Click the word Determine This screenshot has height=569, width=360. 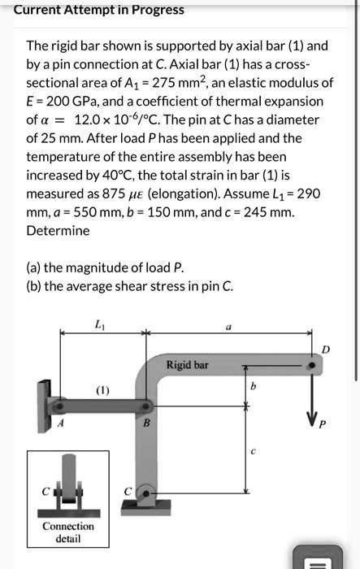click(x=58, y=230)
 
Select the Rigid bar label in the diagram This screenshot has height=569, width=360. click(x=187, y=365)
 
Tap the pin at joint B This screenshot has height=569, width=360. click(x=143, y=406)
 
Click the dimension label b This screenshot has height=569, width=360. click(x=254, y=386)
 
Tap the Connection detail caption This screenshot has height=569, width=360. click(x=68, y=532)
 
